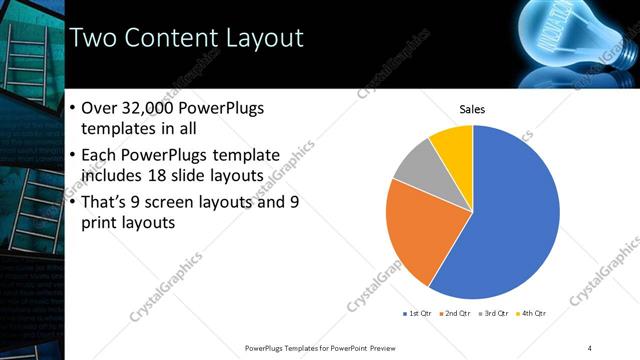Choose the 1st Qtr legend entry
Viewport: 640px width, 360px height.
click(415, 313)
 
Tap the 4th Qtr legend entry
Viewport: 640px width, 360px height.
click(532, 313)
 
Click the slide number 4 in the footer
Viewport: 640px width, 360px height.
click(589, 347)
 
